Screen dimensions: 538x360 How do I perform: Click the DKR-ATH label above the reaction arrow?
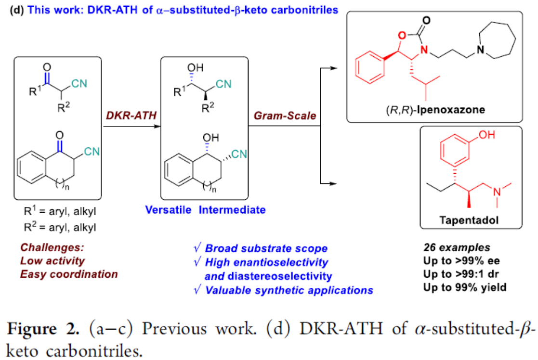point(131,116)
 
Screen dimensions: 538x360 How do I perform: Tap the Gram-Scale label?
point(285,116)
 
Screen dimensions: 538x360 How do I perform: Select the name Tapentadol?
point(469,220)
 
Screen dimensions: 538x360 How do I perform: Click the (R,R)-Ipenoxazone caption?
point(435,110)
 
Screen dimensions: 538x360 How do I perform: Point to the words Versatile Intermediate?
point(205,209)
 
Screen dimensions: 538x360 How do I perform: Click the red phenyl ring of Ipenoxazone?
point(370,67)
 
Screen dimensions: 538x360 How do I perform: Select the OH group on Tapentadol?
point(487,135)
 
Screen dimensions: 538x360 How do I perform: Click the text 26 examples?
point(457,247)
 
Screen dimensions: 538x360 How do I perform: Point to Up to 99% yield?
point(465,287)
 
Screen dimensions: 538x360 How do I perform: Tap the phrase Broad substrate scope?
point(266,248)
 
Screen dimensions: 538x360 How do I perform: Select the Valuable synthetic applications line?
point(289,290)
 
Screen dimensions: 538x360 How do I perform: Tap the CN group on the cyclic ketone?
point(92,152)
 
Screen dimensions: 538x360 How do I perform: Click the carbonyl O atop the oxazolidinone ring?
point(426,20)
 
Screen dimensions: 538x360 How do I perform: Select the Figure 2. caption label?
point(43,328)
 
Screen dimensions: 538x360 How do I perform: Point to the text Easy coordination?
point(68,274)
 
